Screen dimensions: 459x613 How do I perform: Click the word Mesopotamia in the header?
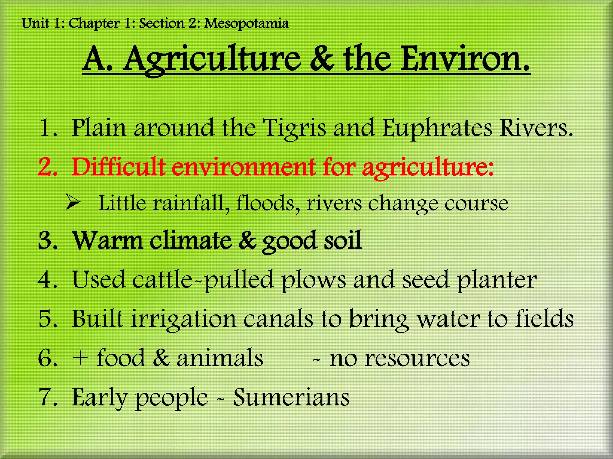pyautogui.click(x=246, y=24)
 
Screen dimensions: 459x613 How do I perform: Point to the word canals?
pyautogui.click(x=278, y=319)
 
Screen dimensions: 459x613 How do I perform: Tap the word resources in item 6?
pyautogui.click(x=399, y=359)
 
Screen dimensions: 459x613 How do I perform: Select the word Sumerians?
pyautogui.click(x=291, y=397)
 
